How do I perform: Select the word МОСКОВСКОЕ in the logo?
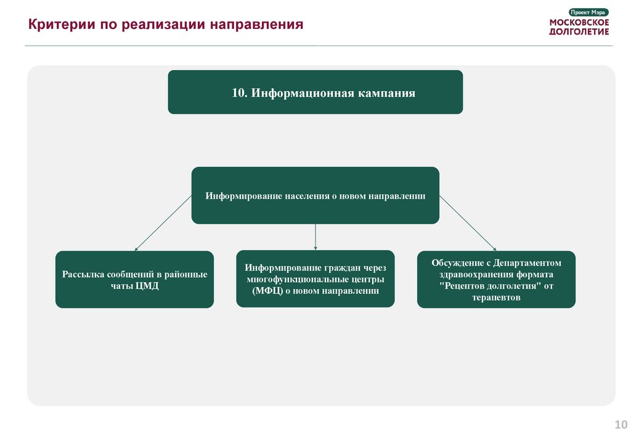point(579,22)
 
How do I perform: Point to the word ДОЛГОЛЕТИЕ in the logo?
point(579,31)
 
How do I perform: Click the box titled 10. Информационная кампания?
point(315,92)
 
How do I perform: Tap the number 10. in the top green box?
point(239,94)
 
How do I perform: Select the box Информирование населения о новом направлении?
point(315,195)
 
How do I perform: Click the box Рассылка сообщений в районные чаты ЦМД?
point(134,280)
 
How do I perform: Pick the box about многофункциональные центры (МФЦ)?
point(315,278)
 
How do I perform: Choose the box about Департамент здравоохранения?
point(496,280)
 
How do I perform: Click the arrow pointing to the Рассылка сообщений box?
point(163,223)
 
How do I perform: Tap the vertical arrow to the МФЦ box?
point(315,237)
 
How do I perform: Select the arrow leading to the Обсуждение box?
point(468,223)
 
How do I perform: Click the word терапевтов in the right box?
point(496,297)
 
